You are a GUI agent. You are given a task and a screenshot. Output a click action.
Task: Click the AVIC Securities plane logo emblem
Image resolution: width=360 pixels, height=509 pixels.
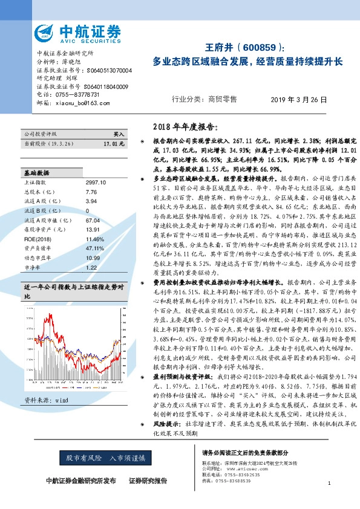[45, 32]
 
